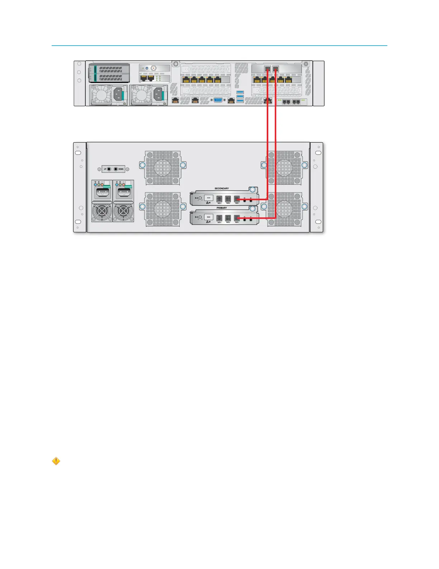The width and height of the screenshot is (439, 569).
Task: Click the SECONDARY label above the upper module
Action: pos(222,189)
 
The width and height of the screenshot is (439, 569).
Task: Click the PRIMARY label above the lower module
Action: pos(222,208)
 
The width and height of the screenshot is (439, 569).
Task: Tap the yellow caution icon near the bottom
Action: pos(56,461)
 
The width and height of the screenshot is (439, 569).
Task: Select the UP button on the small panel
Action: pos(109,169)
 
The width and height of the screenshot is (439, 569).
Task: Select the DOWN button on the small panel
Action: pos(116,169)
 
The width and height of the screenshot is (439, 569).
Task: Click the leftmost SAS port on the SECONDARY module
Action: pos(219,199)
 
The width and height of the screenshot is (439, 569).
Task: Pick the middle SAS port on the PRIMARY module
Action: pos(228,218)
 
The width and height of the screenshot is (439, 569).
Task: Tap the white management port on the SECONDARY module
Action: pos(208,198)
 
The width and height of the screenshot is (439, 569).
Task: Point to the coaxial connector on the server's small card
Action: pos(154,68)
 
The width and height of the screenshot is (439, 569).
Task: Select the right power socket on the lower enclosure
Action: pos(123,193)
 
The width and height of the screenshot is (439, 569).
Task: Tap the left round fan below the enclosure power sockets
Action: pos(102,212)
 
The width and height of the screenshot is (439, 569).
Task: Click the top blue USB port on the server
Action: pos(240,93)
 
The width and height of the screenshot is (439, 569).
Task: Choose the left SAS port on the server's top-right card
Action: pos(268,68)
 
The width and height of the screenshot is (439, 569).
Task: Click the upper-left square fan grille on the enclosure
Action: pos(162,168)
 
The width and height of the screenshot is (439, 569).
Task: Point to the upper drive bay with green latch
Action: pos(110,69)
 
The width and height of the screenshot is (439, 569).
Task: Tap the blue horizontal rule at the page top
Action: pos(219,46)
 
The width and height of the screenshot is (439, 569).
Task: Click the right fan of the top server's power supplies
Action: pos(141,95)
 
